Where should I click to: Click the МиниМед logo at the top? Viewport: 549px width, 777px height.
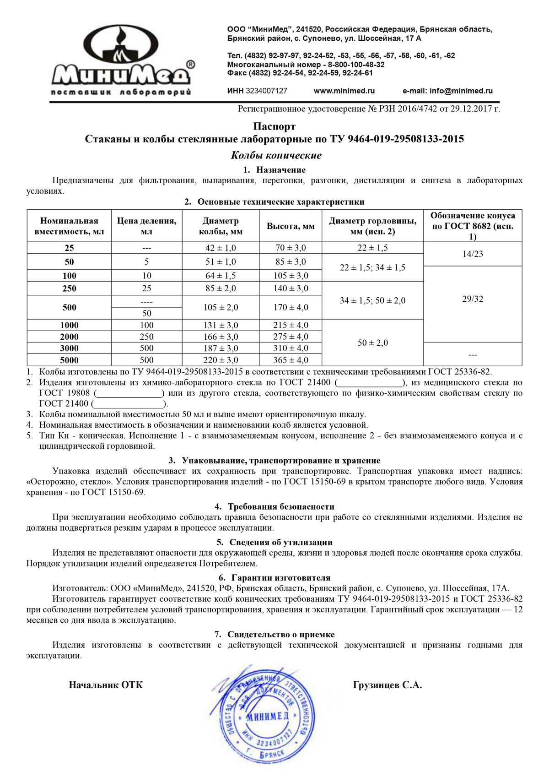[121, 60]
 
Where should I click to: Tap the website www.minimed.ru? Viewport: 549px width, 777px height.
[344, 91]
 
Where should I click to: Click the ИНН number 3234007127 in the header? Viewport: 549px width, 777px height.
[266, 91]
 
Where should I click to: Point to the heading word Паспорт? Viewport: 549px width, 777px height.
[274, 126]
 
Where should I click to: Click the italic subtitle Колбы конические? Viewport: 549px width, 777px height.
[276, 155]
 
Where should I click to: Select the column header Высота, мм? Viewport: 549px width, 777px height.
[291, 226]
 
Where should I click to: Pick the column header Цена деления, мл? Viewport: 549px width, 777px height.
[146, 226]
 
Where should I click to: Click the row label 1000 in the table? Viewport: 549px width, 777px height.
[69, 325]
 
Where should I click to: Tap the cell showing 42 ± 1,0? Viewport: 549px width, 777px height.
[221, 248]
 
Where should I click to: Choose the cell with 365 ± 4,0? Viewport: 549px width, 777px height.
[291, 360]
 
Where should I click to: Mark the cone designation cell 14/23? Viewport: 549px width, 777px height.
[473, 254]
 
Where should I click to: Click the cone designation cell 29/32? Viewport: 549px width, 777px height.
[473, 299]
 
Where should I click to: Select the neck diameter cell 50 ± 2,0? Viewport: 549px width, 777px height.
[372, 342]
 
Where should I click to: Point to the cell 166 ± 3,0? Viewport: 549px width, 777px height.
[221, 337]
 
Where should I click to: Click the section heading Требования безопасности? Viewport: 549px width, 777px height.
[281, 506]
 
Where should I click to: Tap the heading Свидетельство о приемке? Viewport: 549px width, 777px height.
[281, 634]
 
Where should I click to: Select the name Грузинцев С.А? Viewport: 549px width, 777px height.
[387, 685]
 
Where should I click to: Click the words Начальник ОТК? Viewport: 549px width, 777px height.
[106, 685]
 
